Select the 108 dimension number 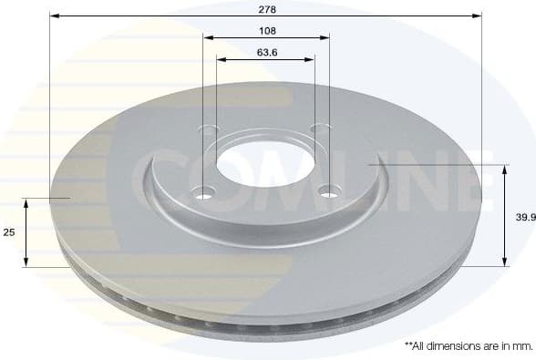pyautogui.click(x=267, y=30)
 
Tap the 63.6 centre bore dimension pyautogui.click(x=267, y=52)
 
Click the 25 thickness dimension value pyautogui.click(x=9, y=232)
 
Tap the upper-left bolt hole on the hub pyautogui.click(x=210, y=129)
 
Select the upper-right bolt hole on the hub pyautogui.click(x=319, y=129)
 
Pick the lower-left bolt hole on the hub pyautogui.click(x=203, y=192)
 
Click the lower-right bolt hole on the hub pyautogui.click(x=329, y=190)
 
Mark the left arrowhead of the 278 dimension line pyautogui.click(x=54, y=15)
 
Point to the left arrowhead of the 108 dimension pyautogui.click(x=207, y=38)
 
